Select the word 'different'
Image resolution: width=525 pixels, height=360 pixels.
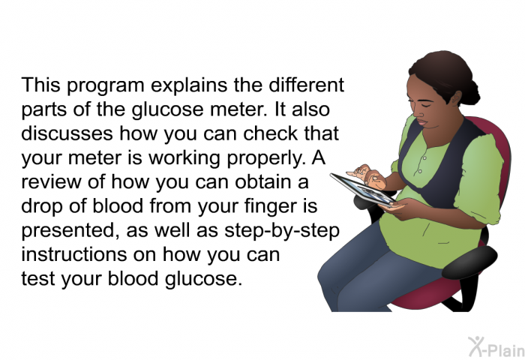point(306,85)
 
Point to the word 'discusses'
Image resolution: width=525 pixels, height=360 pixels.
point(67,133)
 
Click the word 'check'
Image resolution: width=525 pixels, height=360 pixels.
point(271,133)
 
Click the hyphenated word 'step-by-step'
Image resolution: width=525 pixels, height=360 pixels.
point(282,231)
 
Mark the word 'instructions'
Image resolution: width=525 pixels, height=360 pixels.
point(74,254)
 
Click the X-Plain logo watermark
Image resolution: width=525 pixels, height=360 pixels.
point(496,346)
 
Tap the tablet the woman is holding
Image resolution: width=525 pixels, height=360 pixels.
point(362,189)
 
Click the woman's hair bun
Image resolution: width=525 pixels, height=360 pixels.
point(470,91)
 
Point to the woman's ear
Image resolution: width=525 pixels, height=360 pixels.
point(455,98)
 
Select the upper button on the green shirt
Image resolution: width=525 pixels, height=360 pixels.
point(424,158)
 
